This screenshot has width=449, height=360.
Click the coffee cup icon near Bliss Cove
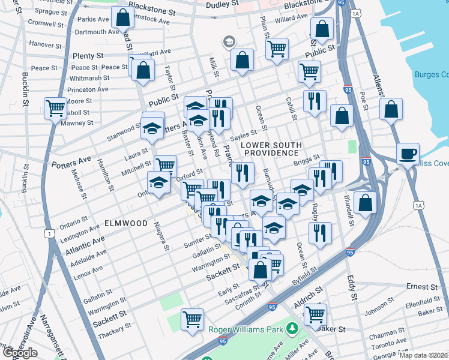coord(408,153)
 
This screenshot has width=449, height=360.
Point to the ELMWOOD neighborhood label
coord(126,223)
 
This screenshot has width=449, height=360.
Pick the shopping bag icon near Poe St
coord(391,110)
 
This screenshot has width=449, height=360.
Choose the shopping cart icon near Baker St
coord(315,313)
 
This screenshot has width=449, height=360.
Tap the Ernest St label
coord(423,286)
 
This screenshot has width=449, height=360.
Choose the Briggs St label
coord(305,162)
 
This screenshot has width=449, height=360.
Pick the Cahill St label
coord(289,110)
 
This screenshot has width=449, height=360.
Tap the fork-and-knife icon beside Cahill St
coord(315,101)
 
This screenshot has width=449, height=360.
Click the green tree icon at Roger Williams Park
coord(292,328)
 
